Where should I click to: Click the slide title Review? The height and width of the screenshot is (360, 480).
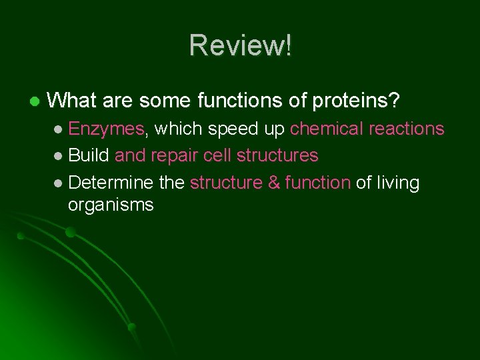(x=240, y=45)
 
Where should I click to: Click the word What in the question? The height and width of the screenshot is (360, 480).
(x=71, y=101)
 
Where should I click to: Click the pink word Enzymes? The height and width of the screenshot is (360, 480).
(x=106, y=129)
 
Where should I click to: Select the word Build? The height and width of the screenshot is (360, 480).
(x=89, y=155)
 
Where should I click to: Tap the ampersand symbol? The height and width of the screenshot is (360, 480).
(x=274, y=183)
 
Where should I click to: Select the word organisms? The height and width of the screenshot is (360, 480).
(x=111, y=205)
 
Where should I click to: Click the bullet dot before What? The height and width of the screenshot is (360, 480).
(x=34, y=102)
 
